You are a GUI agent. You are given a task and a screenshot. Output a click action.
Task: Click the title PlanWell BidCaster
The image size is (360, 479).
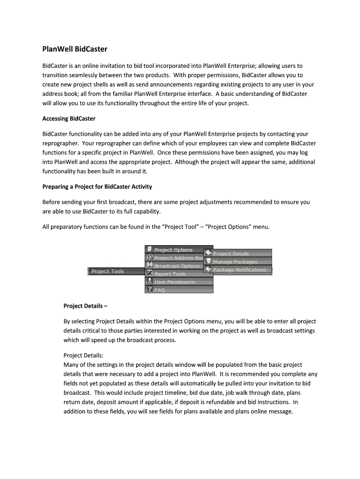[74, 49]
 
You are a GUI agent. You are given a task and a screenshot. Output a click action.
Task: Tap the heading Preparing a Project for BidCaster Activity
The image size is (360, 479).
[97, 187]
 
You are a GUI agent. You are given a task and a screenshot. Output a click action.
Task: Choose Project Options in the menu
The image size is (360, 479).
[173, 250]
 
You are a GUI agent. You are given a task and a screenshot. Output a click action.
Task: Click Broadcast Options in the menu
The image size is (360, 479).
[177, 266]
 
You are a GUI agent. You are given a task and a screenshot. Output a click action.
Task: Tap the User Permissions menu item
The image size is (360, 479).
[175, 282]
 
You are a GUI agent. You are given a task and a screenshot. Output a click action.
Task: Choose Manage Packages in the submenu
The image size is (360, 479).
[235, 261]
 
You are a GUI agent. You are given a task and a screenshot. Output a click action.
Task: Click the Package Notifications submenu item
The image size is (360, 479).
[239, 269]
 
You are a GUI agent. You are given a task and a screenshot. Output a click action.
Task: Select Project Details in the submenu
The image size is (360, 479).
[231, 254]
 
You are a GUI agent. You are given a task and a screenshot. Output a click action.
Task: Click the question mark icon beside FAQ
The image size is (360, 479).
[149, 289]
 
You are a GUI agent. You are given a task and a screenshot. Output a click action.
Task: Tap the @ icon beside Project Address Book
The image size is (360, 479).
[149, 257]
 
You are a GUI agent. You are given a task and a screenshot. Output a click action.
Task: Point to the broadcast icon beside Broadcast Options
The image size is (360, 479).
[149, 265]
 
